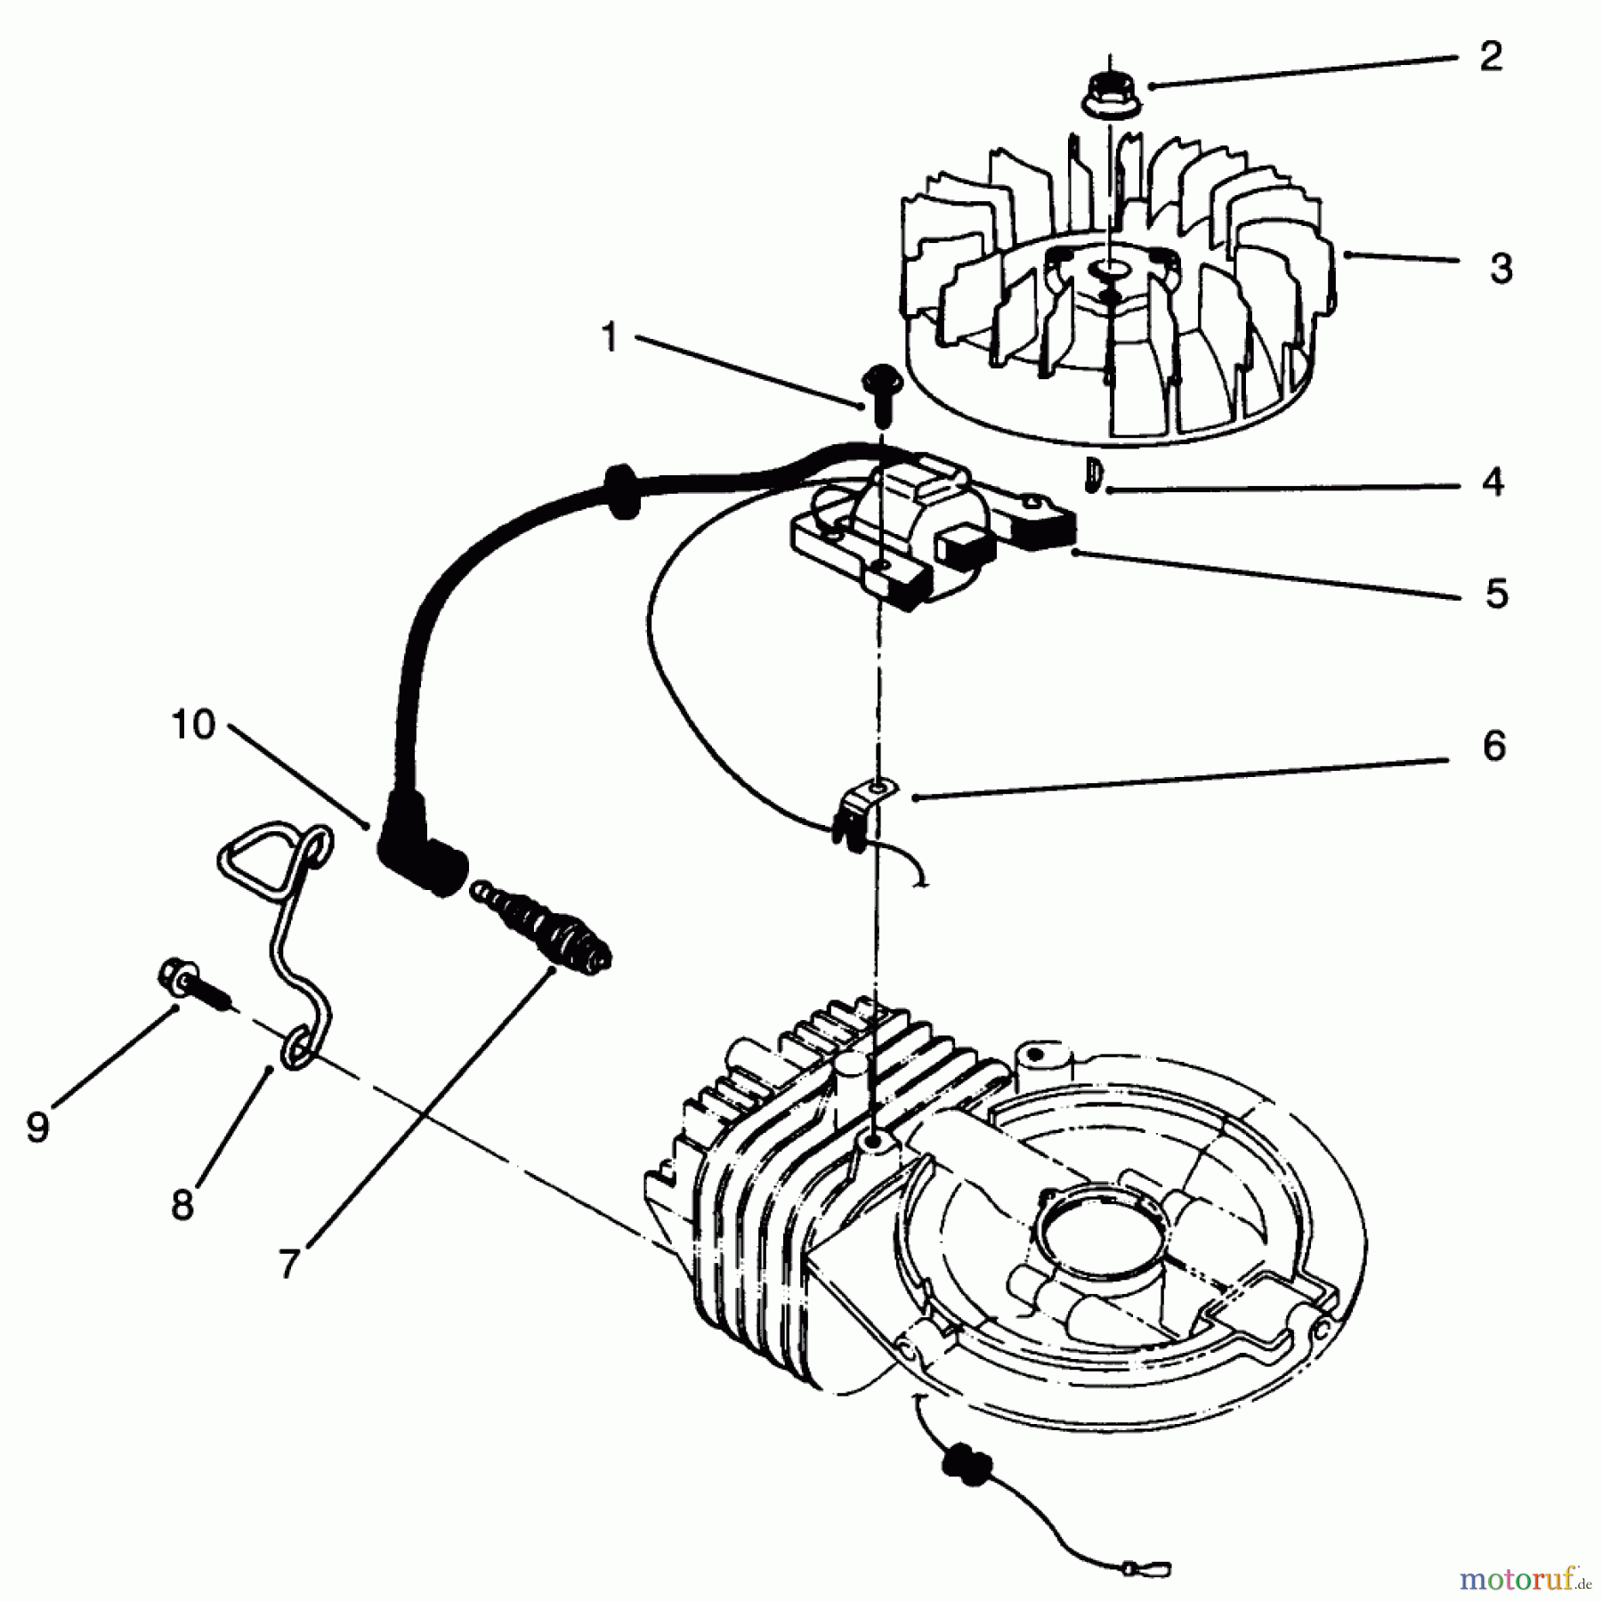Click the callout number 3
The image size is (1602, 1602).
1501,267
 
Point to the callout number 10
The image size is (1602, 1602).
193,724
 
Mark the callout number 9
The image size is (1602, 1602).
36,1128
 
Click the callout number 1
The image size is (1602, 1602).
609,338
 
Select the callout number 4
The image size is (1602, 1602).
1492,481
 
